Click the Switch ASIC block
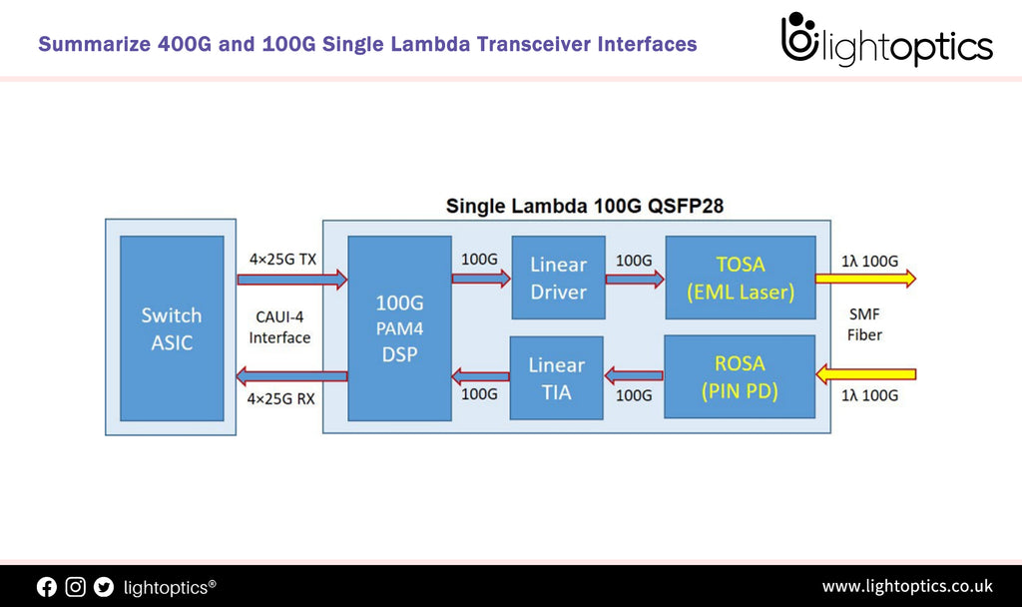tap(171, 328)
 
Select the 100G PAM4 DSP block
tap(399, 328)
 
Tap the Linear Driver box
tap(558, 279)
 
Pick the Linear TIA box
tap(556, 377)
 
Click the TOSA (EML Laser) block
tap(740, 279)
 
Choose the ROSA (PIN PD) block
tap(740, 375)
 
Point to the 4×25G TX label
tap(282, 260)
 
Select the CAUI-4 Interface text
tap(279, 327)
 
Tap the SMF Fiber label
tap(864, 325)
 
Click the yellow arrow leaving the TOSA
tap(865, 280)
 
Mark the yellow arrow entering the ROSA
tap(865, 375)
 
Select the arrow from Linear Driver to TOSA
tap(635, 280)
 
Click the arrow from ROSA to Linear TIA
tap(635, 376)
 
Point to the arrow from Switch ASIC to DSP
tap(291, 280)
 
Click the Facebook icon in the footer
tap(47, 587)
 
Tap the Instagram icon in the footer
tap(76, 587)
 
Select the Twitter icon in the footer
tap(104, 587)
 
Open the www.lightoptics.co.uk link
tap(906, 586)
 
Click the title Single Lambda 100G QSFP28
tap(584, 207)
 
